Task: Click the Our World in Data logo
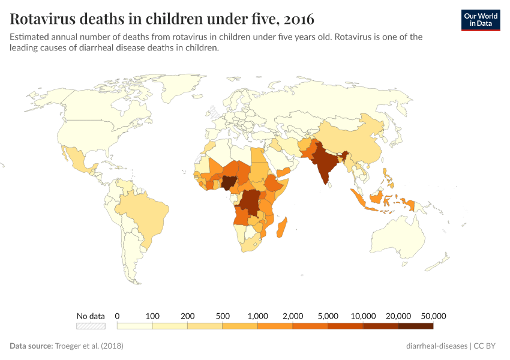[481, 19]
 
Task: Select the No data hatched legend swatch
[91, 326]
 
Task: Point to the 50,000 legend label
[433, 316]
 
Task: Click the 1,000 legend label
[257, 316]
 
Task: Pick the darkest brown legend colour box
[416, 326]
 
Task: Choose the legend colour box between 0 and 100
[134, 326]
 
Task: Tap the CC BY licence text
[485, 346]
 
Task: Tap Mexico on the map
[80, 160]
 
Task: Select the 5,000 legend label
[328, 316]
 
